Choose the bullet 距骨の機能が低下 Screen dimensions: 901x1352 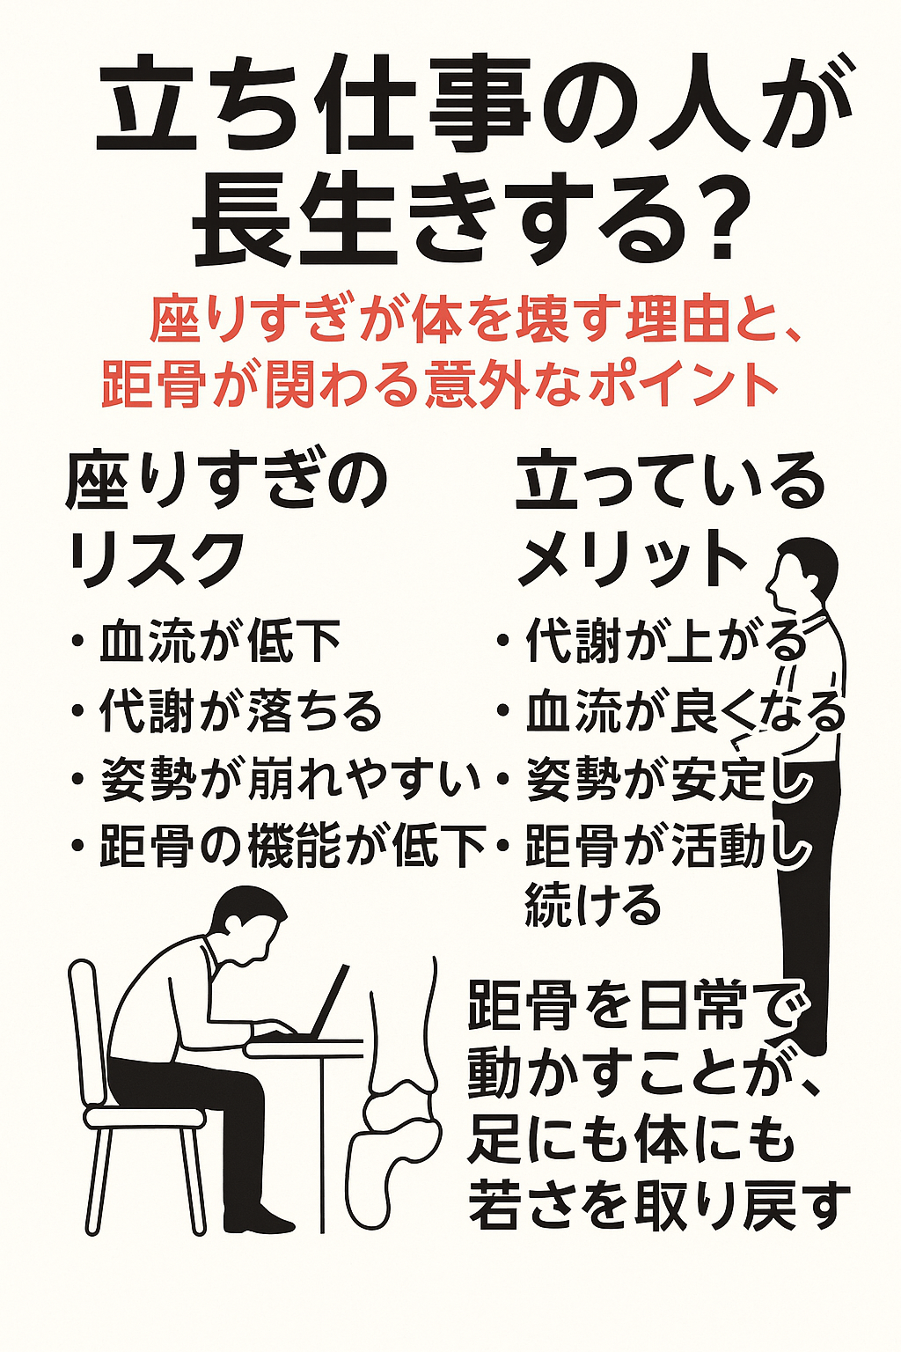[x=292, y=844]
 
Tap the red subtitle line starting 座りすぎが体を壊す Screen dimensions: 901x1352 [x=474, y=325]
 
